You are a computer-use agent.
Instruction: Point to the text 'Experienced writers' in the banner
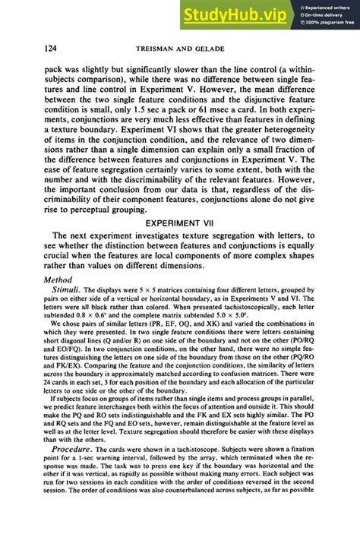[x=327, y=7]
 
